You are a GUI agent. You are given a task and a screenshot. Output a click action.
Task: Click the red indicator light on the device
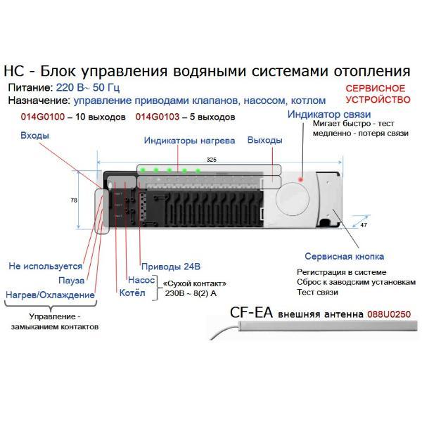(x=301, y=180)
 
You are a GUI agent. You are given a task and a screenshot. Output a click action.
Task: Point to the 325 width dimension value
(x=211, y=160)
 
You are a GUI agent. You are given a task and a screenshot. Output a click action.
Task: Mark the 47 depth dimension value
(x=363, y=226)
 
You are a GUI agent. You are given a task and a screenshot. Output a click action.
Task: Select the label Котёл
(x=132, y=293)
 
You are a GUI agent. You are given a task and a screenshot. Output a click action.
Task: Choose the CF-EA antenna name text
(x=251, y=313)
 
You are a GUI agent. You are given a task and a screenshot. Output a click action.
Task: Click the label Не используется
(x=45, y=267)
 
